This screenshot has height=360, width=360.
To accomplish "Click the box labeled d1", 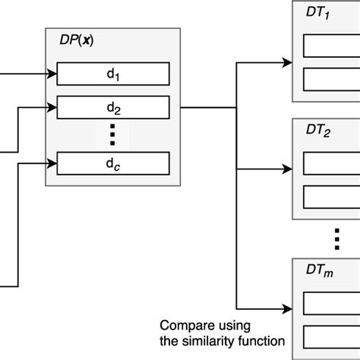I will point(112,74).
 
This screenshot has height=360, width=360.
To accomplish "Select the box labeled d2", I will point(112,106).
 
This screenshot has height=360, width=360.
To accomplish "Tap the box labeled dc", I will point(112,163).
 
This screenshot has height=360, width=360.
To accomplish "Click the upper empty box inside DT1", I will point(331,47).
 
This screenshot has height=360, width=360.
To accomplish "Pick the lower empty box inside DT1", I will point(331,78).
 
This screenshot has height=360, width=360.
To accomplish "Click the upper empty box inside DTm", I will point(331,303).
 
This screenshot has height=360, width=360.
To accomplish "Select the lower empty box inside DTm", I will point(331,335).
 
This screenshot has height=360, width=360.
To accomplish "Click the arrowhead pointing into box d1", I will point(52,74).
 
